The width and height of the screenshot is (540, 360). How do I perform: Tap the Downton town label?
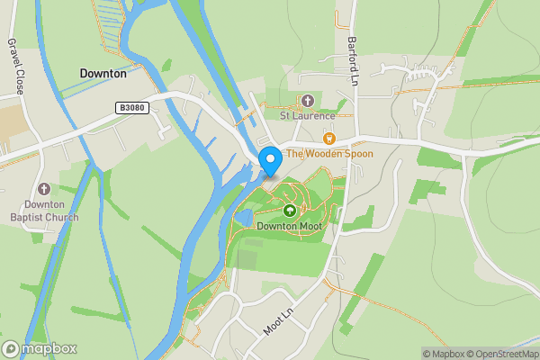[x=103, y=74]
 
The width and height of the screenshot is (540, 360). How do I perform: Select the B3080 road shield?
[x=130, y=107]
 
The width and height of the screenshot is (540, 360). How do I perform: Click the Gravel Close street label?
[x=14, y=66]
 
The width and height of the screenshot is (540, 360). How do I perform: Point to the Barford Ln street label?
[x=353, y=58]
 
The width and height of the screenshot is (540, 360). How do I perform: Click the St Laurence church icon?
[x=307, y=101]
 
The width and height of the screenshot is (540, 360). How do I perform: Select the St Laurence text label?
[x=307, y=115]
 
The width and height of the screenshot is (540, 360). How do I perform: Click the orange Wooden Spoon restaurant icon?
[x=328, y=139]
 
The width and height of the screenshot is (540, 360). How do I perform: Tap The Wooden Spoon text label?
[x=329, y=154]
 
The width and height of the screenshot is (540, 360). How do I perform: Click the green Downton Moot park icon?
[x=290, y=211]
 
